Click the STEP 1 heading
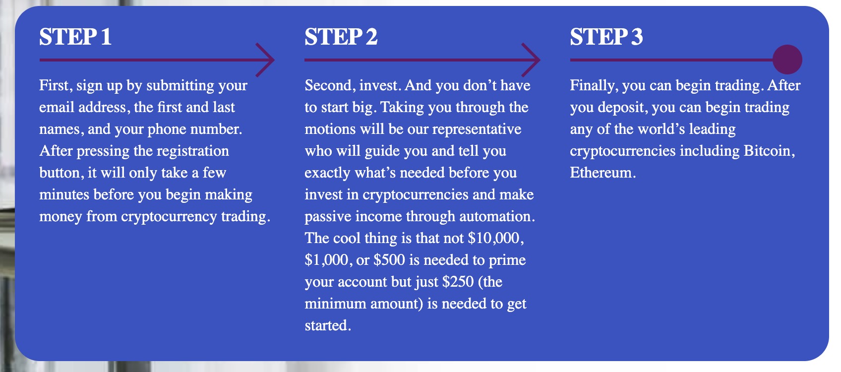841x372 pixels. pos(75,37)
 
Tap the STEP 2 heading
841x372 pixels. pos(341,37)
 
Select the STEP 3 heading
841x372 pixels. pos(606,37)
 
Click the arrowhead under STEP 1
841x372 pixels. pos(265,60)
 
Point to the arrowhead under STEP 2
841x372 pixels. pos(531,60)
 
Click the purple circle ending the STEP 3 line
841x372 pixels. pos(787,60)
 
